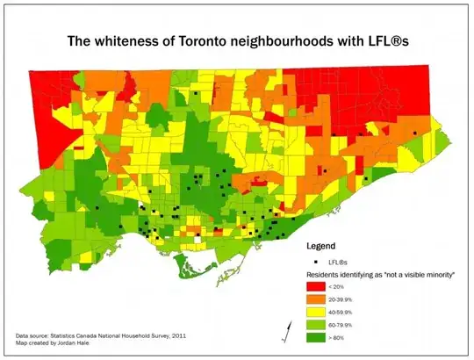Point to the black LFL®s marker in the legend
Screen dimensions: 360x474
point(313,262)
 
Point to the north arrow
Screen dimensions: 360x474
point(284,332)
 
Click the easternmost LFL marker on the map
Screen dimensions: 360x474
point(414,133)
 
